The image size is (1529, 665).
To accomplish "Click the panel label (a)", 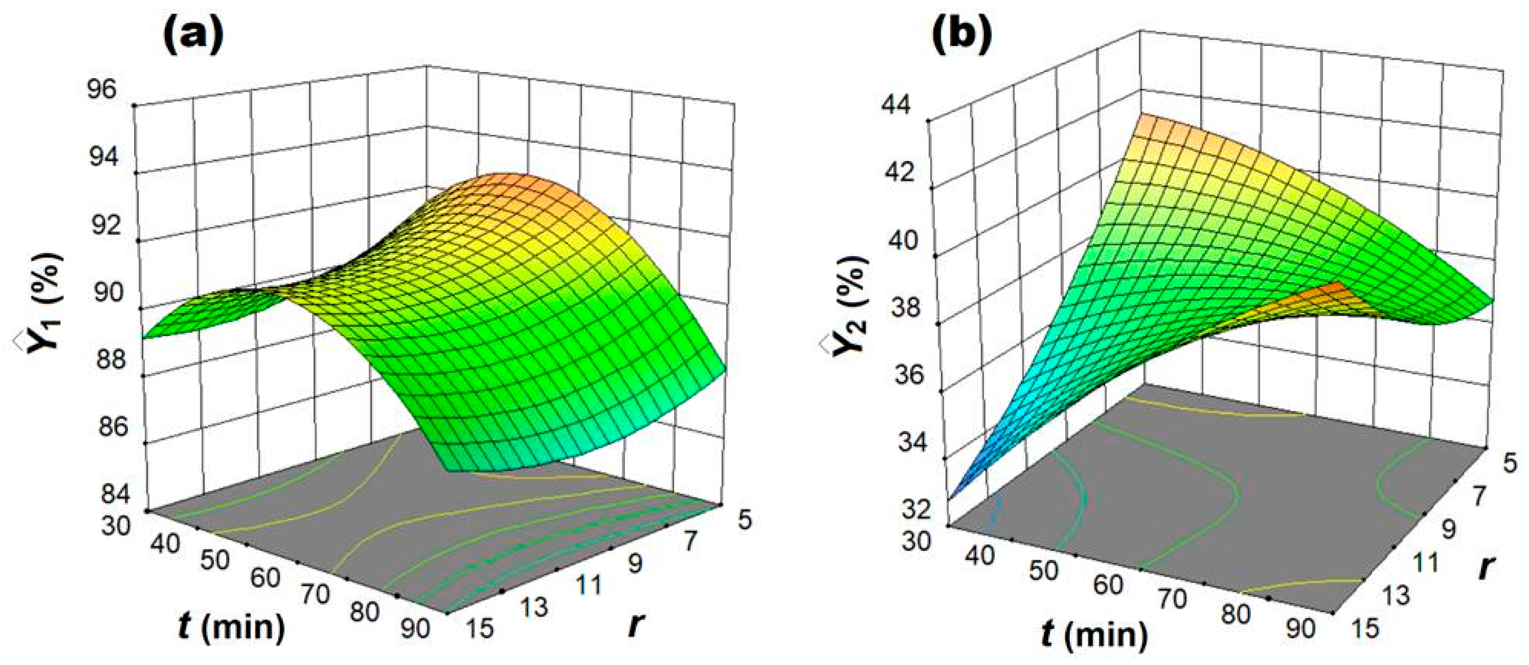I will (193, 37).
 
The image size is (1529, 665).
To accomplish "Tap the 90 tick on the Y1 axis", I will (109, 293).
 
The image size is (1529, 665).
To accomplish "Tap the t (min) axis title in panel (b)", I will (1095, 635).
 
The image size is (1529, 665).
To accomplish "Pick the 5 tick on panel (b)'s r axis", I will (1510, 462).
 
